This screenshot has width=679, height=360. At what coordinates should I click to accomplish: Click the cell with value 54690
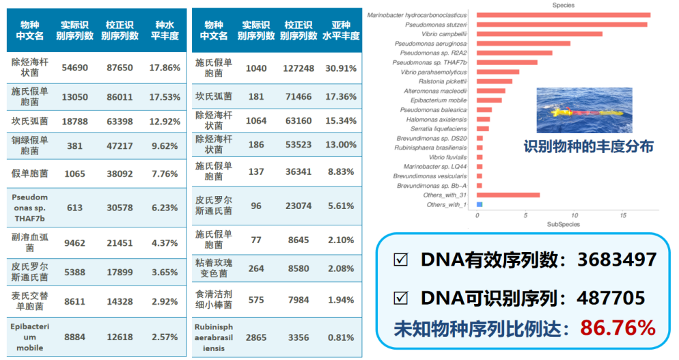tap(74, 68)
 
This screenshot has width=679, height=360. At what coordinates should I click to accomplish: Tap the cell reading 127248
tap(298, 68)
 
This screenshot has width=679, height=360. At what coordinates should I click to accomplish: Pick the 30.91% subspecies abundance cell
tap(341, 68)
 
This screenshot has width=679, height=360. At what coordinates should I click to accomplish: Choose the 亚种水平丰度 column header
tap(341, 30)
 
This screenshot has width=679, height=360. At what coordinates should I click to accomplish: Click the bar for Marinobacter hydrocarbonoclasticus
tap(563, 15)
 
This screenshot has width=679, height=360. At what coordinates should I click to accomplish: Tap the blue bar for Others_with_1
tap(480, 205)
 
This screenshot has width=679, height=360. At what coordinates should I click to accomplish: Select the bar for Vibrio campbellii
tap(539, 33)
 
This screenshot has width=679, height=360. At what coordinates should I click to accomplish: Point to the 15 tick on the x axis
tap(622, 216)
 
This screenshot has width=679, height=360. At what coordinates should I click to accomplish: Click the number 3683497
tap(617, 260)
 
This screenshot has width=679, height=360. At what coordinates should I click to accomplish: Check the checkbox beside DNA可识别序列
tap(401, 298)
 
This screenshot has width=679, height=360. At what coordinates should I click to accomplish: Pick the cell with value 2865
tap(256, 337)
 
